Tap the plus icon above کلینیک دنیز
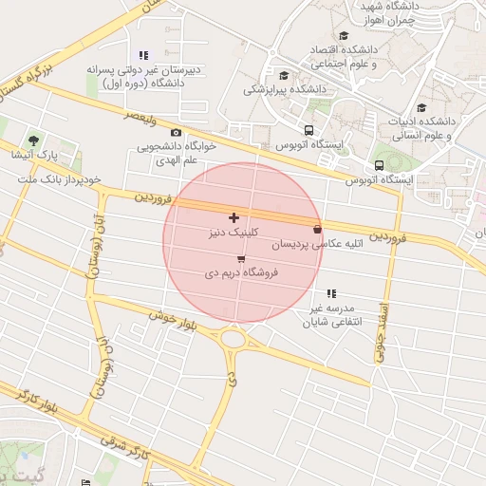point(234,218)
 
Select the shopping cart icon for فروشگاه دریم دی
point(241,259)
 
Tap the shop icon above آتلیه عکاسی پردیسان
point(317,229)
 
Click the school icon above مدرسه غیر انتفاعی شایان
point(331,294)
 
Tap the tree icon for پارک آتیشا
point(35,140)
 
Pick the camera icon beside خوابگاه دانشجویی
point(176,133)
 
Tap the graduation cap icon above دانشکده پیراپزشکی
point(284,75)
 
